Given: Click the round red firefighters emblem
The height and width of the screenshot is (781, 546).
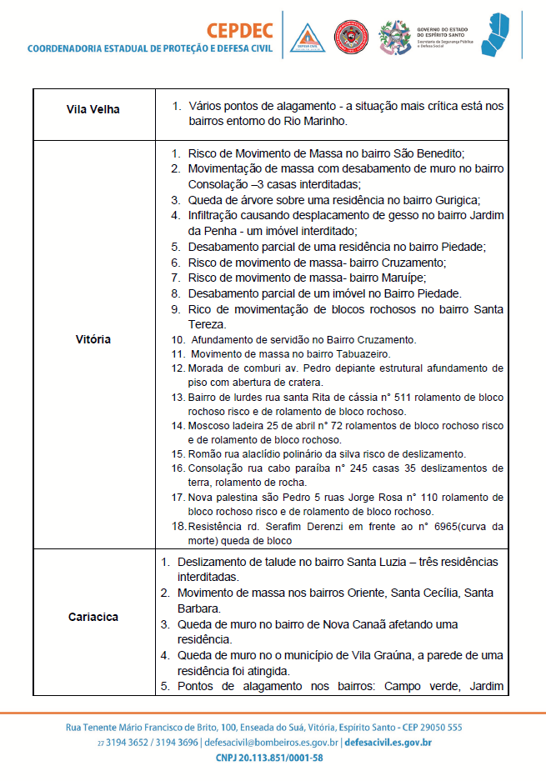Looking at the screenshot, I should tap(351, 36).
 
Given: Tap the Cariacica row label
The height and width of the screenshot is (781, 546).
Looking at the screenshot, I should tap(93, 618).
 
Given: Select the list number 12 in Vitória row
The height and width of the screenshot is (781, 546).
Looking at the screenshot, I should tap(178, 368).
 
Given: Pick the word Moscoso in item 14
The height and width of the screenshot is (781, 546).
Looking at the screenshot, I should tap(206, 425).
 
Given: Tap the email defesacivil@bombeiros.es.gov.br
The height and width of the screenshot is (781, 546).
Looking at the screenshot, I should tap(271, 742).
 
